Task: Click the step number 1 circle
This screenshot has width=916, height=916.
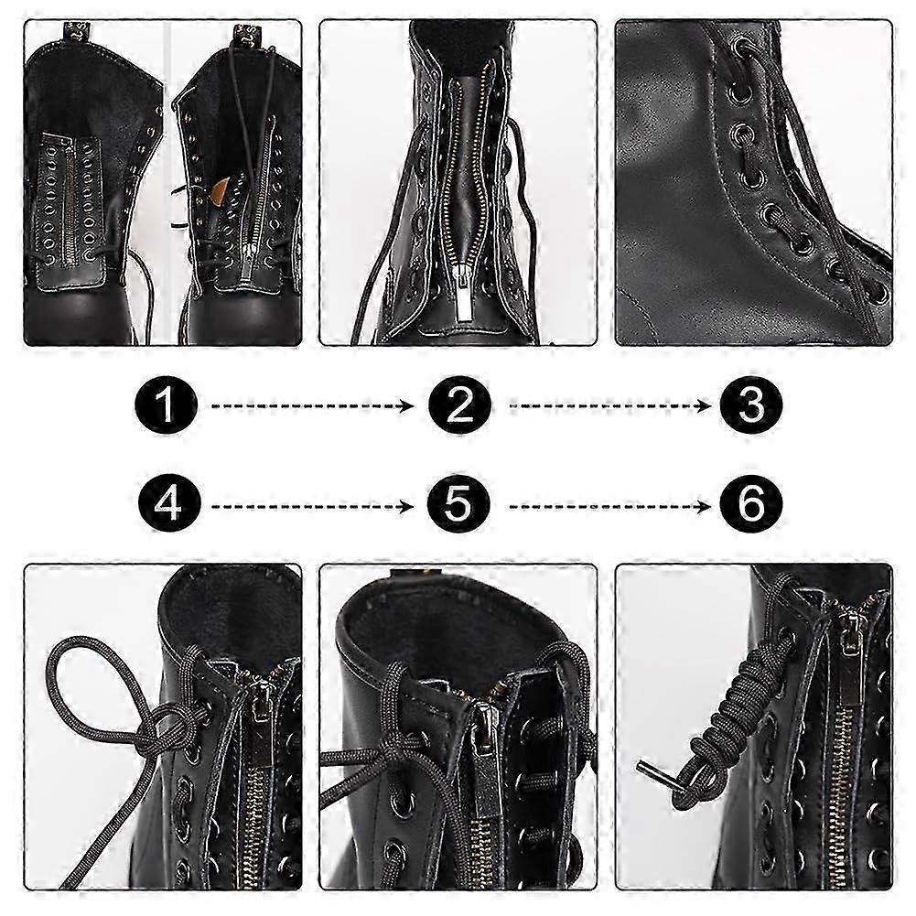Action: click(x=166, y=405)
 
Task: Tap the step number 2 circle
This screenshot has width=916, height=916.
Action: click(x=459, y=405)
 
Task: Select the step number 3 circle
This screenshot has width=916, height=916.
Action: click(x=750, y=405)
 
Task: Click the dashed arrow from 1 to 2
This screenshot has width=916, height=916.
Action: click(x=312, y=406)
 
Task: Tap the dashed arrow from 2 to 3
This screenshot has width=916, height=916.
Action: click(x=609, y=406)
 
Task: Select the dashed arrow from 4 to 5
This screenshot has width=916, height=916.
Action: click(x=312, y=506)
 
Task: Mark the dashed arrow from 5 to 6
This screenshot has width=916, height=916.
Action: click(x=609, y=506)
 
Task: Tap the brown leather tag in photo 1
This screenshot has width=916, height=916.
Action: click(x=221, y=189)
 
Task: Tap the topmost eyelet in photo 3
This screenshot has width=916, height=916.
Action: click(x=743, y=46)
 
